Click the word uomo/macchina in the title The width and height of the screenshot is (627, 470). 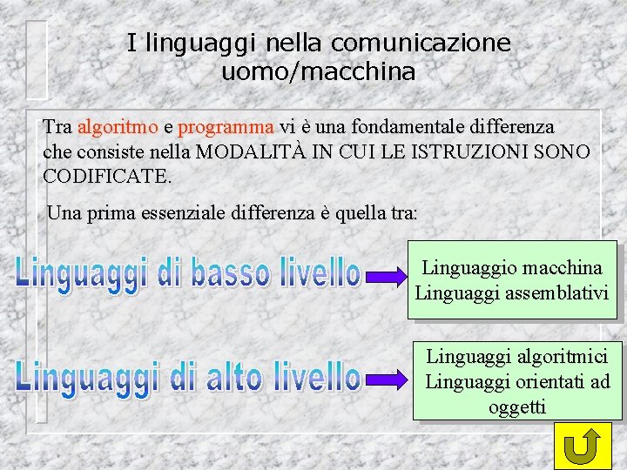tap(319, 72)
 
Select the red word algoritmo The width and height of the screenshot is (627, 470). tap(118, 127)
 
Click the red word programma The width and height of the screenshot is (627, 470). tap(226, 127)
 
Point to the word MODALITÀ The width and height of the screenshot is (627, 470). tap(252, 151)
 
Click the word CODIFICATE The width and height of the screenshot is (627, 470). tap(108, 176)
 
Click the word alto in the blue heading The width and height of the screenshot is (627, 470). tap(235, 376)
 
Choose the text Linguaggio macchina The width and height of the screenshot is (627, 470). tap(512, 267)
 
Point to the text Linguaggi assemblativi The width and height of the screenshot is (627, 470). tap(512, 292)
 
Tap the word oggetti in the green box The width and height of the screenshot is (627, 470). tap(517, 406)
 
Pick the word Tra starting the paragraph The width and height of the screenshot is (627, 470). tap(57, 127)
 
